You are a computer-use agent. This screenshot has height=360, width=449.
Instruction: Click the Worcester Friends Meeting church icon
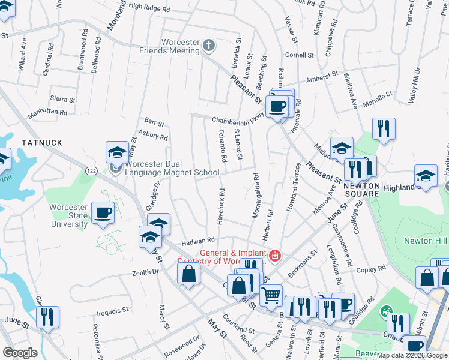point(209,44)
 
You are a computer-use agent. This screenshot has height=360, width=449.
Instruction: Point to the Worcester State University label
point(68,215)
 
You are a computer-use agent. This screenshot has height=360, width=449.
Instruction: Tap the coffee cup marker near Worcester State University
point(103,213)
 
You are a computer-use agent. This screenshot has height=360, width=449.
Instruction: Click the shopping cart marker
point(271,295)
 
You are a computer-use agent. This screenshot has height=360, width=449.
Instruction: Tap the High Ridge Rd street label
point(149,8)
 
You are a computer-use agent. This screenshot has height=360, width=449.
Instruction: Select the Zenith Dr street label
point(145,272)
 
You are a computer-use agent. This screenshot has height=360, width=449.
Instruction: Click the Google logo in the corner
point(20,353)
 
